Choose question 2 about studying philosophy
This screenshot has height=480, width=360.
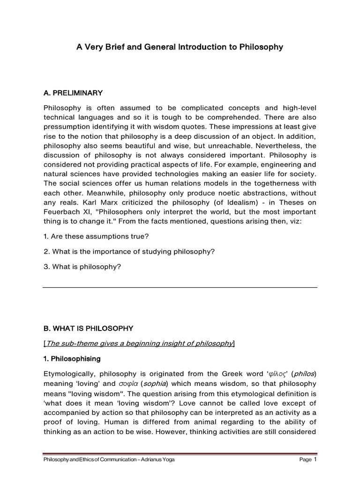pyautogui.click(x=128, y=252)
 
